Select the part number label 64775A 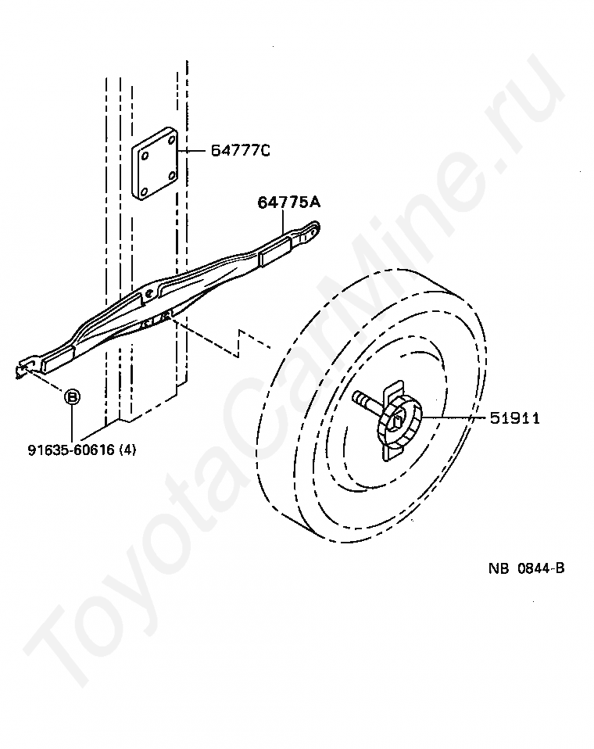[x=289, y=203]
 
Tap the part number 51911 [x=515, y=418]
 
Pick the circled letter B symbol [x=71, y=397]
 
